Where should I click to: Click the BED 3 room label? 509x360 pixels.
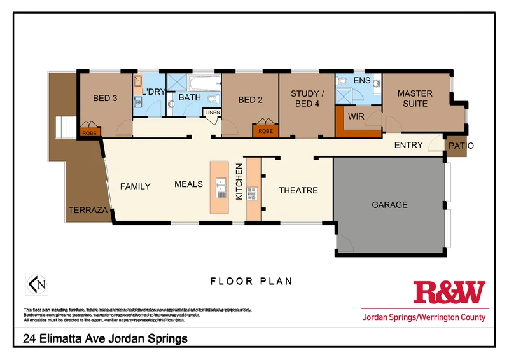tap(105, 98)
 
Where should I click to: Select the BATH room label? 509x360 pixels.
tap(189, 97)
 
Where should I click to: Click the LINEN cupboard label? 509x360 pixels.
tap(211, 113)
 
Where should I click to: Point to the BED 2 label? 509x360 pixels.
tap(251, 99)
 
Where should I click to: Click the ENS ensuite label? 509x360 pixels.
tap(362, 81)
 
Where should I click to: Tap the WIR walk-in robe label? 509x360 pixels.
tap(356, 117)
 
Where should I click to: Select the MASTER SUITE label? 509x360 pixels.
tap(415, 99)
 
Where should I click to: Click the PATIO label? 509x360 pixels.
tap(461, 146)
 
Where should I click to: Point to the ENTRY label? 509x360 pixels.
tap(408, 145)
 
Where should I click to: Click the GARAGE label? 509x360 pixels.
tap(390, 205)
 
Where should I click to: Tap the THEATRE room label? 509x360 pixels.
tap(298, 190)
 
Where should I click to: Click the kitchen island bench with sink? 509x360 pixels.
tap(221, 186)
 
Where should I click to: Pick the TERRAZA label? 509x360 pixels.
tap(88, 209)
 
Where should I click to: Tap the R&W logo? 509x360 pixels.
tap(449, 293)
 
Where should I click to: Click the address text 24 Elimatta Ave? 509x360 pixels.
tap(105, 339)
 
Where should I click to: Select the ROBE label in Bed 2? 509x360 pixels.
tap(266, 131)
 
